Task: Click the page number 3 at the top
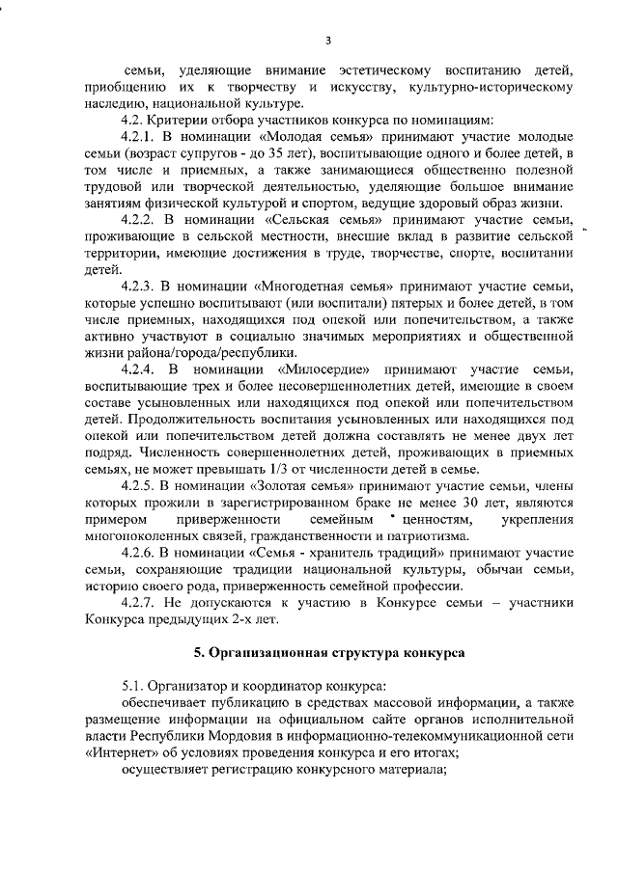pyautogui.click(x=328, y=41)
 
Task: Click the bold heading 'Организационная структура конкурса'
pyautogui.click(x=329, y=653)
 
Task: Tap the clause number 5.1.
pyautogui.click(x=133, y=686)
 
